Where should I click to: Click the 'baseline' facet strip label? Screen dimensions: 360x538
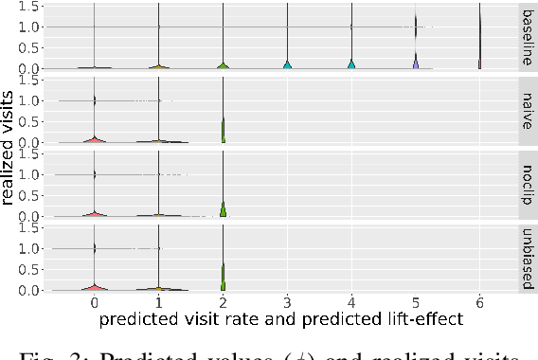click(527, 37)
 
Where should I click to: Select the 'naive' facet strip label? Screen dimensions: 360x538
click(527, 111)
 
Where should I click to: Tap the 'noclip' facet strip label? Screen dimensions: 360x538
click(527, 185)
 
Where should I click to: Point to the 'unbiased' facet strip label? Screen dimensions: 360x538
click(527, 259)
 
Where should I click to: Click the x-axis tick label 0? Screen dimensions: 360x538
click(94, 303)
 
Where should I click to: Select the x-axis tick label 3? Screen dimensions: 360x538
click(287, 303)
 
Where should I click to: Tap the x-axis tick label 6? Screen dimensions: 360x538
click(480, 303)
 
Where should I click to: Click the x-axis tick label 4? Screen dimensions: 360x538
click(351, 303)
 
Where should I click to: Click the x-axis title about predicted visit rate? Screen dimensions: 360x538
click(280, 319)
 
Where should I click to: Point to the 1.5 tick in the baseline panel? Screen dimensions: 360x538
click(31, 6)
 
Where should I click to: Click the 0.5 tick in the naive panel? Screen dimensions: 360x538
click(31, 121)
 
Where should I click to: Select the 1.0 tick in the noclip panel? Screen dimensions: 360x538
click(31, 174)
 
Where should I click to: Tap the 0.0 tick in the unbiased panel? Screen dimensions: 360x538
click(31, 290)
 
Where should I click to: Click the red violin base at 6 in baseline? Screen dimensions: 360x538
click(480, 64)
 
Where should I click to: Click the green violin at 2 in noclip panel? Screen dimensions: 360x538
click(223, 210)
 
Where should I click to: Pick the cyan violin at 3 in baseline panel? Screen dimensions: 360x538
click(287, 64)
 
